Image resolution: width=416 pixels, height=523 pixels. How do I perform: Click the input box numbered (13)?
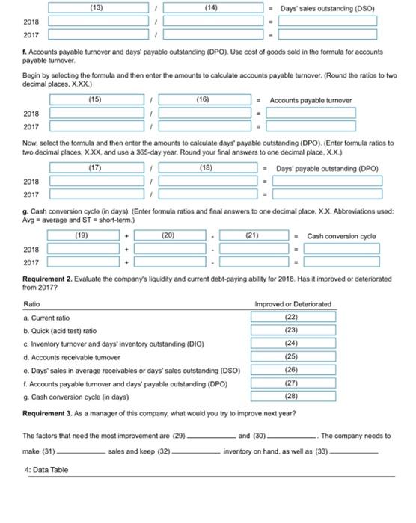tap(96, 8)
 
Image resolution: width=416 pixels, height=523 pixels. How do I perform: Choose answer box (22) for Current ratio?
tap(293, 316)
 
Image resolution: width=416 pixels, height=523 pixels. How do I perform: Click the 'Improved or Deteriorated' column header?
tap(293, 304)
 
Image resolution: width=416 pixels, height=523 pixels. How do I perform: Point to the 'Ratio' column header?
tap(32, 304)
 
